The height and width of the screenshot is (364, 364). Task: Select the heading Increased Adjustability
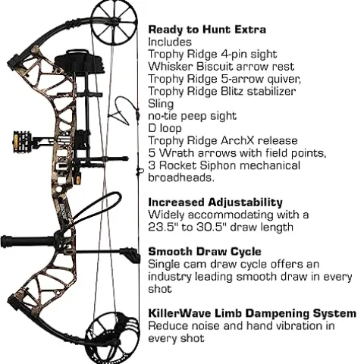pyautogui.click(x=215, y=202)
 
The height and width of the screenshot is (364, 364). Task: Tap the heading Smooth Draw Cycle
pyautogui.click(x=205, y=250)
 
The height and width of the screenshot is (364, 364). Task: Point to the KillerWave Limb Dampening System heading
pyautogui.click(x=252, y=312)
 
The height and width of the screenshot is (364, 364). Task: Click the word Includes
pyautogui.click(x=170, y=42)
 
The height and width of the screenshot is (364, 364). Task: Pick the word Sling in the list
pyautogui.click(x=161, y=102)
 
